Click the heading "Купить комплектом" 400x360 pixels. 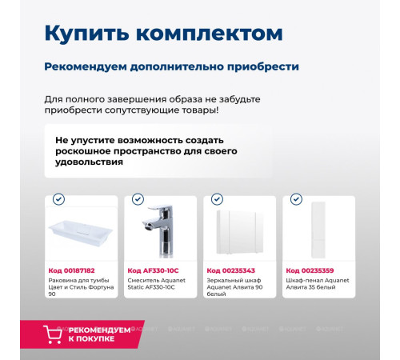(163, 33)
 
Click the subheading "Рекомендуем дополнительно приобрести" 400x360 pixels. (171, 66)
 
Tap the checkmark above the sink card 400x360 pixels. (58, 199)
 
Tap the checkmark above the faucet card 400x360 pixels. (138, 199)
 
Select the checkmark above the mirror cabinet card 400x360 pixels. (217, 199)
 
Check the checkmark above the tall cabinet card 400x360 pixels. (296, 199)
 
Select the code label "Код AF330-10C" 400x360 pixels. (153, 270)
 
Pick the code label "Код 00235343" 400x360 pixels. (230, 270)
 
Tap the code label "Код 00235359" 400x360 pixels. (310, 270)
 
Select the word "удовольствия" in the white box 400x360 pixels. (89, 162)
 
